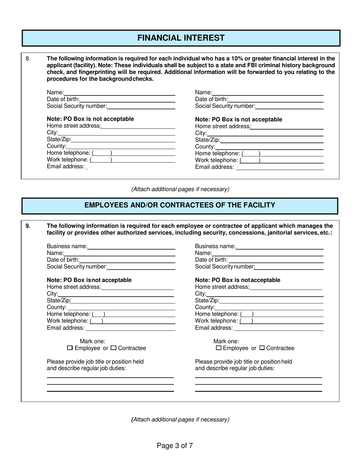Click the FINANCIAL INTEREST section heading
[x=180, y=38]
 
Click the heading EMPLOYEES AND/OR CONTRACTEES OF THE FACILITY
[x=180, y=205]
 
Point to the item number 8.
[x=28, y=59]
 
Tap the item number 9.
[x=28, y=226]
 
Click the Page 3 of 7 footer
[x=175, y=446]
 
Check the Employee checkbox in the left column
[x=69, y=348]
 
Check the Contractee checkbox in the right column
[x=262, y=348]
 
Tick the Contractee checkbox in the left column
[x=114, y=348]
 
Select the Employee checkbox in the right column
[x=218, y=348]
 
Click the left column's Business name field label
[x=67, y=247]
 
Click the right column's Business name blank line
[x=279, y=249]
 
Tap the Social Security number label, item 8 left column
[x=77, y=106]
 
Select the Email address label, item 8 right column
[x=214, y=167]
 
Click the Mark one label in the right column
[x=226, y=341]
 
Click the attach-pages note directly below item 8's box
[x=180, y=189]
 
